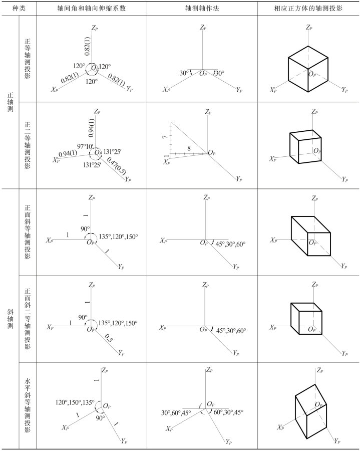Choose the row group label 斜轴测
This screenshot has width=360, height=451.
10,319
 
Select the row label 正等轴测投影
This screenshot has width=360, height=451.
28,59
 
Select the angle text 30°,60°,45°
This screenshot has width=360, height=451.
176,412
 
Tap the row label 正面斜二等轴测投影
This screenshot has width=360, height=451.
28,318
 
